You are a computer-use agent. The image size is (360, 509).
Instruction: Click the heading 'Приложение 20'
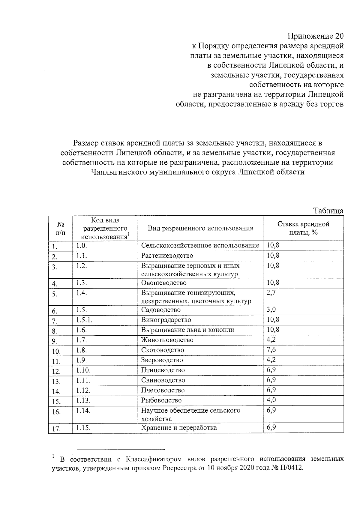pos(315,37)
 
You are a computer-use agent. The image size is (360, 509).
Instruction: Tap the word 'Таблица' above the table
pos(328,211)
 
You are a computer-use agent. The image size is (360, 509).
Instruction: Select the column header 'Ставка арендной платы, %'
pos(303,228)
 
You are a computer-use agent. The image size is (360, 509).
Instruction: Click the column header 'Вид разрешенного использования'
pos(200,228)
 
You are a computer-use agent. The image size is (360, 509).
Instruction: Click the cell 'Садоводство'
pos(161,310)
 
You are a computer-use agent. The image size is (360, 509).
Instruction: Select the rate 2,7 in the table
pos(271,293)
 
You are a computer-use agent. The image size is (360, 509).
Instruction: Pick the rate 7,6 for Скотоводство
pos(271,350)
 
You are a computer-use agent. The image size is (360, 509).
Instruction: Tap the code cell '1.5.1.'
pos(84,320)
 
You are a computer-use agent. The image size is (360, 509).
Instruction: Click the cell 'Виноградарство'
pos(166,320)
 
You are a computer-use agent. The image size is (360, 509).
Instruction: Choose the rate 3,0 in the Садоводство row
pos(271,310)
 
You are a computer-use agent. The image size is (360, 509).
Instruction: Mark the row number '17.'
pos(56,429)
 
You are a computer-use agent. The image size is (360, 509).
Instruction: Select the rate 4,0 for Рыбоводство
pos(271,400)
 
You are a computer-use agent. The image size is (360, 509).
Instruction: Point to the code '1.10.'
pos(83,370)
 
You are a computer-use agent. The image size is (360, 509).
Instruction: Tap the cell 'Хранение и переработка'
pos(179,427)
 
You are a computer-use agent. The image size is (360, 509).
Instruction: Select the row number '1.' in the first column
pos(54,247)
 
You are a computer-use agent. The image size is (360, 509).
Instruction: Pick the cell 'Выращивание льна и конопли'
pos(187,330)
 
